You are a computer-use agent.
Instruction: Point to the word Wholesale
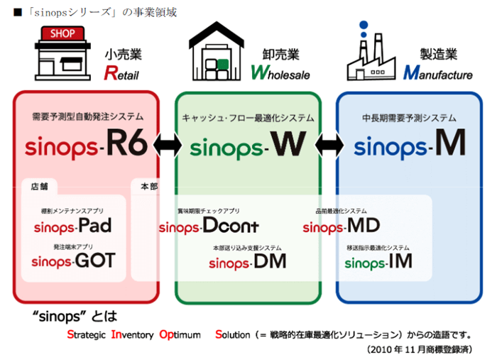(x=282, y=73)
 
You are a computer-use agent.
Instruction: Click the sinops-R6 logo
(x=86, y=145)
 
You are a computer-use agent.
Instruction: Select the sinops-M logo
(x=410, y=145)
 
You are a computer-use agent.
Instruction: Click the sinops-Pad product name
(x=72, y=227)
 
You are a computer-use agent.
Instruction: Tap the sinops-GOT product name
(x=73, y=261)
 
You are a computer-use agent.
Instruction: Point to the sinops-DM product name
(x=247, y=261)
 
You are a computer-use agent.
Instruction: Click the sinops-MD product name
(x=341, y=227)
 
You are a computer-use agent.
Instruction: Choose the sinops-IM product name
(x=378, y=261)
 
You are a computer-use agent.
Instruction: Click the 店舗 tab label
(x=40, y=186)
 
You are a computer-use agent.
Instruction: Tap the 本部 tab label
(x=150, y=186)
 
